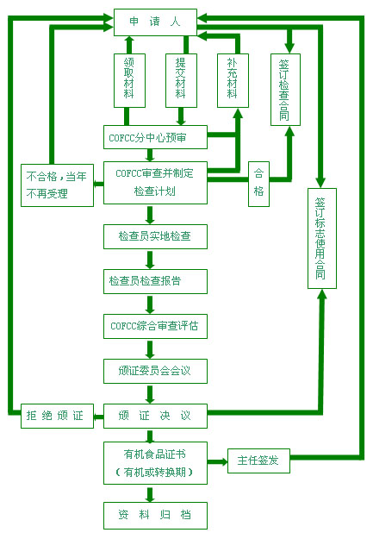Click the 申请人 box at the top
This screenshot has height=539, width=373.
[155, 22]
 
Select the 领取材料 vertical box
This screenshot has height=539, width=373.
[129, 80]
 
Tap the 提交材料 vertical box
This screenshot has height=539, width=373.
[181, 80]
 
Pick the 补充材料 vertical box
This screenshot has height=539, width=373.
[233, 80]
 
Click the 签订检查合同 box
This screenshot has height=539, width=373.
[285, 90]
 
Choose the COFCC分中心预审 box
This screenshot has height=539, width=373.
[155, 137]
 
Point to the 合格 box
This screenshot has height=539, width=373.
[258, 184]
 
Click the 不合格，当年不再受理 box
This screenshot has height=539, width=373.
[57, 185]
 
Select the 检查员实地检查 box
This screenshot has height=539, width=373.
[155, 236]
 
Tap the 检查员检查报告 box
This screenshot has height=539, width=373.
[155, 281]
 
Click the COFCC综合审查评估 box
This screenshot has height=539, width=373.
[155, 326]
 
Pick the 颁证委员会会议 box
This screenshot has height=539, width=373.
[155, 371]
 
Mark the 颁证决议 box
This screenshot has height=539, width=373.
[155, 416]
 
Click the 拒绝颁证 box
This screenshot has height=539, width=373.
[57, 416]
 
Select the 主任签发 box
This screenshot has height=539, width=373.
[258, 461]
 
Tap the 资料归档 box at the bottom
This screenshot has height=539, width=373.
[155, 516]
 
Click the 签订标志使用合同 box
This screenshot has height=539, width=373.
[322, 238]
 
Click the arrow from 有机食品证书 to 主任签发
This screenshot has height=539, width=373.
[217, 461]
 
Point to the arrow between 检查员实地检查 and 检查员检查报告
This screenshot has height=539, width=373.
[150, 260]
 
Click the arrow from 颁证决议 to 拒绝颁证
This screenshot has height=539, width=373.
[98, 417]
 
